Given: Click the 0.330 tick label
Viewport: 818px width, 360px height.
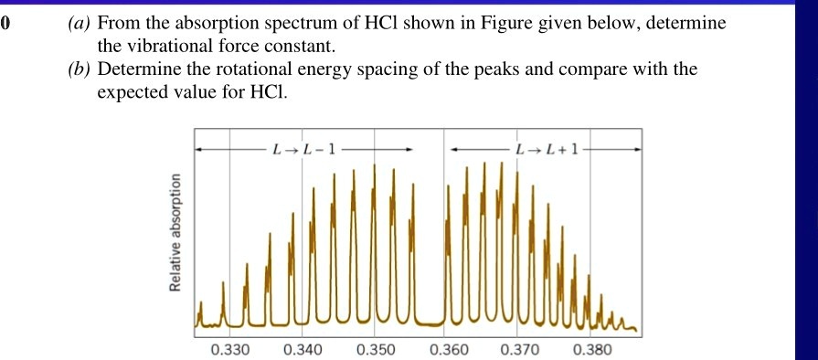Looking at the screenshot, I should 228,349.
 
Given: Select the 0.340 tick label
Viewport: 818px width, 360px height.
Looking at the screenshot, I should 303,349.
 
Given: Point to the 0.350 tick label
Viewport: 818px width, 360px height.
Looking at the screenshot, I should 375,349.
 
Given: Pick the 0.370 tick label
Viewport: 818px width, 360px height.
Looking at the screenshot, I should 520,349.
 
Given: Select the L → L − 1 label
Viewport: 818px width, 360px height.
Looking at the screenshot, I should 304,148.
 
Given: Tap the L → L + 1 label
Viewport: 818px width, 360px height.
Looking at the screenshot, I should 547,148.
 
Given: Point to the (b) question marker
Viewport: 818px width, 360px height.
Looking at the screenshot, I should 79,69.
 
